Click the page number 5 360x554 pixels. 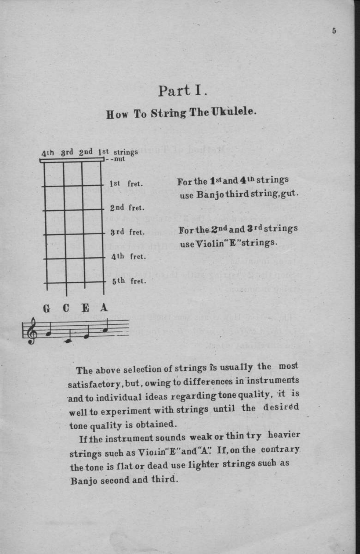tap(334, 31)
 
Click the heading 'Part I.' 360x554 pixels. tap(182, 91)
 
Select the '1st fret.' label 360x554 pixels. tap(126, 184)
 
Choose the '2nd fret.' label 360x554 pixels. tap(127, 208)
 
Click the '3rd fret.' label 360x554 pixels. tap(127, 232)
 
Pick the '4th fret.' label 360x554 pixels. tap(128, 256)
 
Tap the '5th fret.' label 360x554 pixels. tap(129, 281)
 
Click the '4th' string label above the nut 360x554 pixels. tap(48, 153)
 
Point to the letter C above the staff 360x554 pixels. tap(66, 308)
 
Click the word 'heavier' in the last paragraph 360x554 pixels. tap(284, 435)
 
